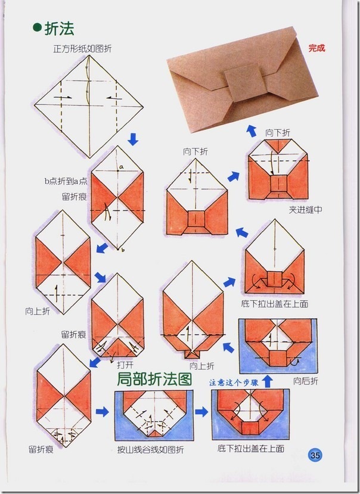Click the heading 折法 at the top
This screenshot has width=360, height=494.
pyautogui.click(x=60, y=27)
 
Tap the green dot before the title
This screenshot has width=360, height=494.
pyautogui.click(x=38, y=28)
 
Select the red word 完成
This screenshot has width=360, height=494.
pyautogui.click(x=316, y=48)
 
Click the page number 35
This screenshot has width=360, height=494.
pyautogui.click(x=315, y=455)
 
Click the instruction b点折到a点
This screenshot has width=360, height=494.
pyautogui.click(x=66, y=181)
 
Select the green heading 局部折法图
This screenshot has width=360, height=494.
pyautogui.click(x=154, y=379)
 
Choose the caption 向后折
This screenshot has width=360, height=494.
pyautogui.click(x=306, y=380)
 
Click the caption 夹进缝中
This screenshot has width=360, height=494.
pyautogui.click(x=305, y=210)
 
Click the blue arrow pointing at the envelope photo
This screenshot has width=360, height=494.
pyautogui.click(x=252, y=129)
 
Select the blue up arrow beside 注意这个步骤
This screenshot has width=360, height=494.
pyautogui.click(x=268, y=380)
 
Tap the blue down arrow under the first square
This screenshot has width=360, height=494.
pyautogui.click(x=133, y=139)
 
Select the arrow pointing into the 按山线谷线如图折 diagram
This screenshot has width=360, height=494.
pyautogui.click(x=103, y=412)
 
